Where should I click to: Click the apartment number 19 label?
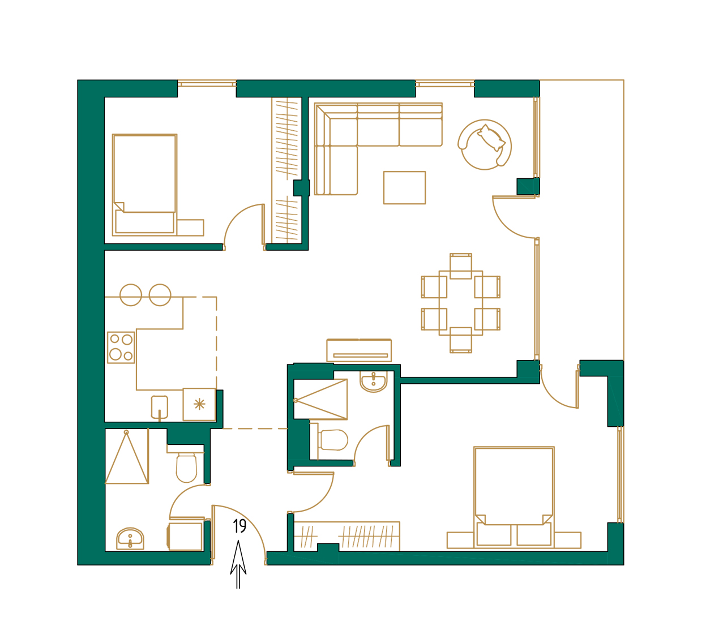coord(239,526)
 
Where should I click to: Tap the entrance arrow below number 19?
coord(238,566)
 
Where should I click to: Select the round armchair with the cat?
coord(485,145)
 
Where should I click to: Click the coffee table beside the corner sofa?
coord(404,187)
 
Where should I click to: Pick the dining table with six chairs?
coord(461,303)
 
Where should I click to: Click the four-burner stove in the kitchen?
coord(121,347)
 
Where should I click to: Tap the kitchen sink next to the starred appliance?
coord(160,406)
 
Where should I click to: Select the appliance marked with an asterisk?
coord(199,404)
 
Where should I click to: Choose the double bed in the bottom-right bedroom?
coord(514,495)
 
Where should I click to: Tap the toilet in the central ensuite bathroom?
coord(332,440)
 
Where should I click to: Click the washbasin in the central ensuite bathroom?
coord(374,382)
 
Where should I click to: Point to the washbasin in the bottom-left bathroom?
coord(130,539)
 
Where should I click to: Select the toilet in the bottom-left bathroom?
coord(186,467)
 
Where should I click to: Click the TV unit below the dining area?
coord(359,350)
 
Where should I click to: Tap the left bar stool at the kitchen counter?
coord(131,295)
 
